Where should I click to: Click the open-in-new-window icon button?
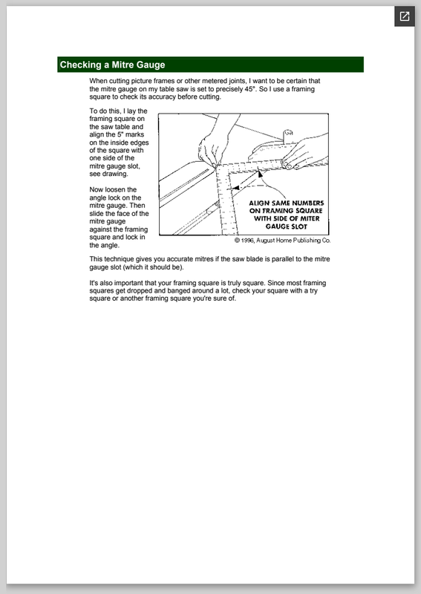(x=405, y=16)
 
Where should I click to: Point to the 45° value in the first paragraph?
(x=249, y=89)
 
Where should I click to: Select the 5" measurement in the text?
(x=120, y=134)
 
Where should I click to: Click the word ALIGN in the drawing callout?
(x=259, y=203)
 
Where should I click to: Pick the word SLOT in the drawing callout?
(x=298, y=226)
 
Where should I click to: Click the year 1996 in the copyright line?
(x=247, y=240)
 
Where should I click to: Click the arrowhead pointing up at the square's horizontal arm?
(x=260, y=174)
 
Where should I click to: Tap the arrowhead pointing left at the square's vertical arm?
(x=235, y=188)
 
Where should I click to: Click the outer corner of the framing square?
(x=216, y=166)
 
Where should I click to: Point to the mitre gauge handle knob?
(x=288, y=134)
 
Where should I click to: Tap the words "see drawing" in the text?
(x=108, y=174)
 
